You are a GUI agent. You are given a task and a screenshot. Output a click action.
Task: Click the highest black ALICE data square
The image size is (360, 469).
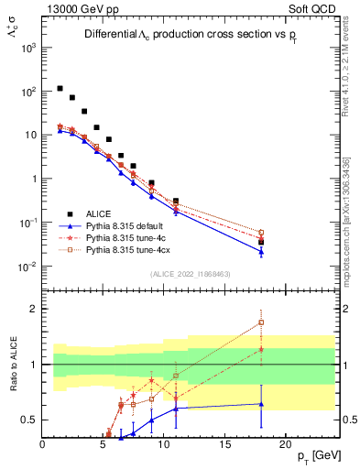click(x=60, y=89)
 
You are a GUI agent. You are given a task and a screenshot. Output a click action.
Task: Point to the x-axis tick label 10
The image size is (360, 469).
click(x=164, y=444)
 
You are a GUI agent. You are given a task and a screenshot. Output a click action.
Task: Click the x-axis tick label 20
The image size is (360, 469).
click(x=285, y=444)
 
